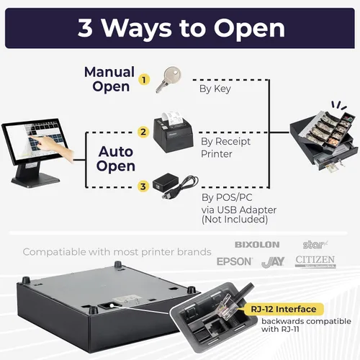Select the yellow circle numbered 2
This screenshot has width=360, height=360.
(x=143, y=132)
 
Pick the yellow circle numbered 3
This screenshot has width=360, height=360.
(x=143, y=186)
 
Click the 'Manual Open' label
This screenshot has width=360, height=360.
(x=109, y=79)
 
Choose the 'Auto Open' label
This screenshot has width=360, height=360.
(x=116, y=159)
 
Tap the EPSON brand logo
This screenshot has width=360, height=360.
(x=235, y=261)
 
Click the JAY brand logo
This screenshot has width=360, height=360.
(x=273, y=262)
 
